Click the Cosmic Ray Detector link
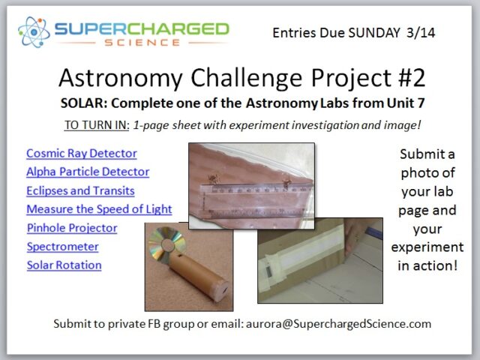[x=82, y=153]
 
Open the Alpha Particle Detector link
[x=88, y=172]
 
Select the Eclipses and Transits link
[x=80, y=190]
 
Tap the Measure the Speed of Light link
[x=99, y=209]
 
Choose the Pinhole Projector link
[x=72, y=228]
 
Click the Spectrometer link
[x=63, y=247]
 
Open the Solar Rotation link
[x=64, y=265]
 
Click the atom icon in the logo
[x=34, y=32]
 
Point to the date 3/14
[x=421, y=33]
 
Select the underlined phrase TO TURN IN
[x=97, y=125]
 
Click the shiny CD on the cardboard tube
[x=166, y=244]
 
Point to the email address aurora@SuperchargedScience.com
[x=338, y=324]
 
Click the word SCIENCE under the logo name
[x=142, y=43]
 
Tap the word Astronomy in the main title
[x=121, y=78]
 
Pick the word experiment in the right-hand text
[x=427, y=247]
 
